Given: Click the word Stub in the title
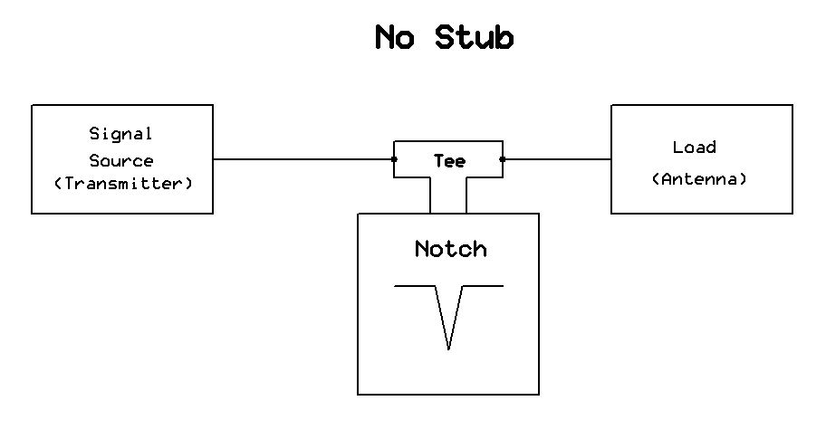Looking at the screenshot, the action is click(474, 38).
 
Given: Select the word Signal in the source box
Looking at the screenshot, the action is click(120, 134).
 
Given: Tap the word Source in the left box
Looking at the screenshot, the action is click(120, 161).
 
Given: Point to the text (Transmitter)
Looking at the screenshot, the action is click(123, 184).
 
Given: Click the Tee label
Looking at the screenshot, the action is click(449, 161).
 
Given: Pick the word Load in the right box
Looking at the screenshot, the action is click(695, 148).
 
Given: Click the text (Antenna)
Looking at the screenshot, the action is click(700, 179).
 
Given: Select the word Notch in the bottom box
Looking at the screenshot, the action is click(450, 249).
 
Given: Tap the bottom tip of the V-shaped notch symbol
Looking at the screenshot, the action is click(449, 348).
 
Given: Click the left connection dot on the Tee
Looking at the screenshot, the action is click(394, 159).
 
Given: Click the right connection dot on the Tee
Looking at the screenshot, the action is click(503, 159).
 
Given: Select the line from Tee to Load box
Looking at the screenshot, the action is click(557, 159).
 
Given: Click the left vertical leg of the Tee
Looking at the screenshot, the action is click(430, 195).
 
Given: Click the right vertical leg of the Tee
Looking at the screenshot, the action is click(466, 195).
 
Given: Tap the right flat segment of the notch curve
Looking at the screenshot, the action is click(484, 286).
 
